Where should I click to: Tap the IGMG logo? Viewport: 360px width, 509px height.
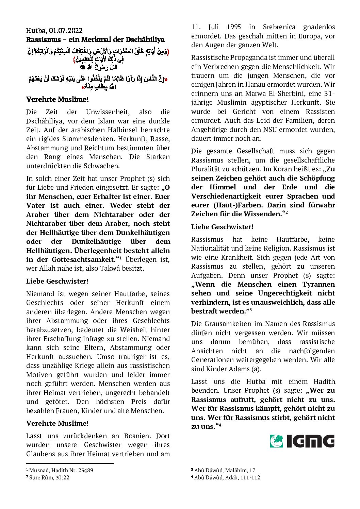pyautogui.click(x=302, y=441)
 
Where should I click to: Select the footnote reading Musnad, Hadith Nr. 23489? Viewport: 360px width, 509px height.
pyautogui.click(x=61, y=471)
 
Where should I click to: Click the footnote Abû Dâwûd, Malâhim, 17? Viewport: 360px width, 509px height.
pyautogui.click(x=225, y=471)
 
